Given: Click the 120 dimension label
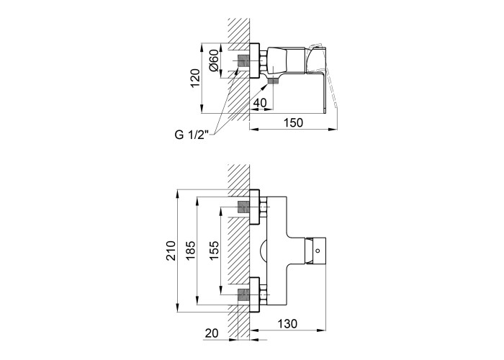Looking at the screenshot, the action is point(195,78).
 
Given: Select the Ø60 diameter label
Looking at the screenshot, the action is point(214,60).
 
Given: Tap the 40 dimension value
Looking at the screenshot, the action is point(260,103).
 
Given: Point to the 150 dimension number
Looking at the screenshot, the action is point(294,122).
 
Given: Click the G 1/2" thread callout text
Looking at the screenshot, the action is point(192,135).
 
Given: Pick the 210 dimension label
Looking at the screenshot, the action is point(171,251).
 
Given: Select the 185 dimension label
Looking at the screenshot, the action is point(191,251).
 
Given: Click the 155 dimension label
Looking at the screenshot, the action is point(214,251).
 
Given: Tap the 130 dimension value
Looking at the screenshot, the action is point(287,324).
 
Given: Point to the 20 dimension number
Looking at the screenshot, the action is point(212,333).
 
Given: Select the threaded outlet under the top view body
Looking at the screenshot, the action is point(273,81).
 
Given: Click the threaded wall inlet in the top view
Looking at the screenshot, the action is point(243,60).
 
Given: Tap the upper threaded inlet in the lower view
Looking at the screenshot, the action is point(243,207).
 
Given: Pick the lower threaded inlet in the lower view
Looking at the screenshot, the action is point(243,294).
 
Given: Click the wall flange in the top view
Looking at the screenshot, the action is point(254,60).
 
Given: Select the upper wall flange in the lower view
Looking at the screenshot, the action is point(254,207).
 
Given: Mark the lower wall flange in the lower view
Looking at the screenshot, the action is point(254,294).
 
